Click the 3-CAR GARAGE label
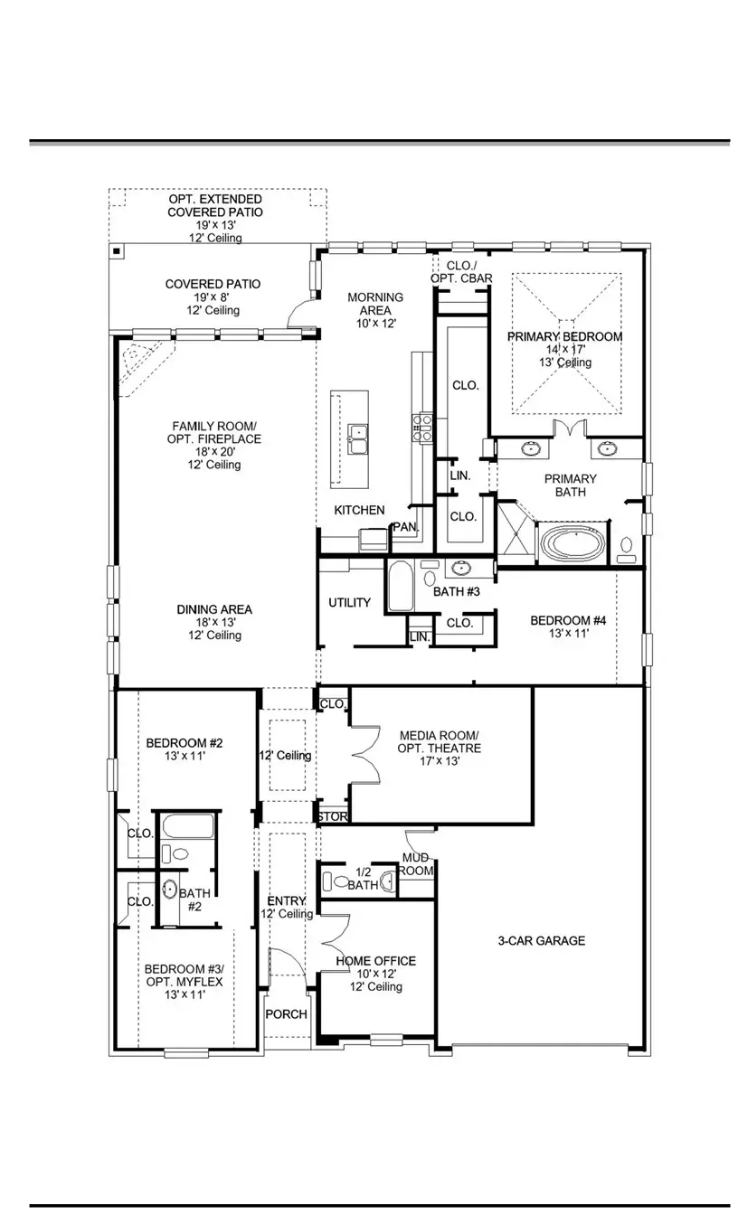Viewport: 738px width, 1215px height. click(x=541, y=940)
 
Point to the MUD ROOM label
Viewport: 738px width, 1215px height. click(x=417, y=864)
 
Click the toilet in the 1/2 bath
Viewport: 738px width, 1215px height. click(x=340, y=881)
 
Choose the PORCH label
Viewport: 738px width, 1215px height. click(x=286, y=1014)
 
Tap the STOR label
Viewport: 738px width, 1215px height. click(x=332, y=817)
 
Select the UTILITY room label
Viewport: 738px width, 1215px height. click(x=349, y=602)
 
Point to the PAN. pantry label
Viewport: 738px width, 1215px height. click(x=402, y=527)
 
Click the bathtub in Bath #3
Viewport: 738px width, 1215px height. click(x=400, y=588)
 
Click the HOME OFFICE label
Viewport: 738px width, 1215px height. click(x=376, y=960)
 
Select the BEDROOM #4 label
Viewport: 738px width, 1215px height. click(x=567, y=620)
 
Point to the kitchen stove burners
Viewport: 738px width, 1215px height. click(x=421, y=426)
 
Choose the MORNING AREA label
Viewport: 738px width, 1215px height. click(x=375, y=303)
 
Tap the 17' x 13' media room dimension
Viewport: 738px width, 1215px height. click(x=440, y=761)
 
